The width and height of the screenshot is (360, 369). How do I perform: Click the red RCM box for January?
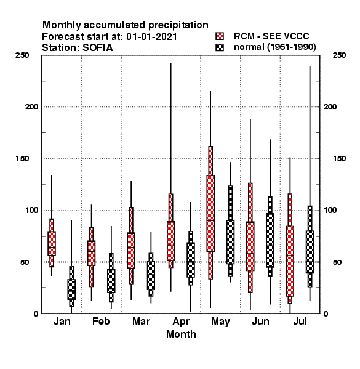[x=52, y=244]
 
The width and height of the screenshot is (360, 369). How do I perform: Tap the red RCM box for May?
[x=210, y=213]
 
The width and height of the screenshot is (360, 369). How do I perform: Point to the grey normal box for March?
[x=151, y=276]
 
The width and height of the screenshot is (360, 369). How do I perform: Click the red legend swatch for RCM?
[x=220, y=36]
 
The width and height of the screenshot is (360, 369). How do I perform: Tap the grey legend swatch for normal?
[x=220, y=47]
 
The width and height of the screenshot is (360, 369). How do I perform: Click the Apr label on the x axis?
[x=181, y=322]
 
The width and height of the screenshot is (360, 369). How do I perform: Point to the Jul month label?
[x=300, y=321]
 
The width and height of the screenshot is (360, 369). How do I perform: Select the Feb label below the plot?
[x=101, y=321]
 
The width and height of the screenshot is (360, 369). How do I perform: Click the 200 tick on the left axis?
[x=31, y=106]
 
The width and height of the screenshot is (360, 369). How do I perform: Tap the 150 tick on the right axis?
[x=339, y=159]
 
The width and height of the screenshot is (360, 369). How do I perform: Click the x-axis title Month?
[x=181, y=334]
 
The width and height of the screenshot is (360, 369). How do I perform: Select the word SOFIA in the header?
[x=97, y=48]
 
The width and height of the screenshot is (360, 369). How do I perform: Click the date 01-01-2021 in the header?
[x=151, y=37]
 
